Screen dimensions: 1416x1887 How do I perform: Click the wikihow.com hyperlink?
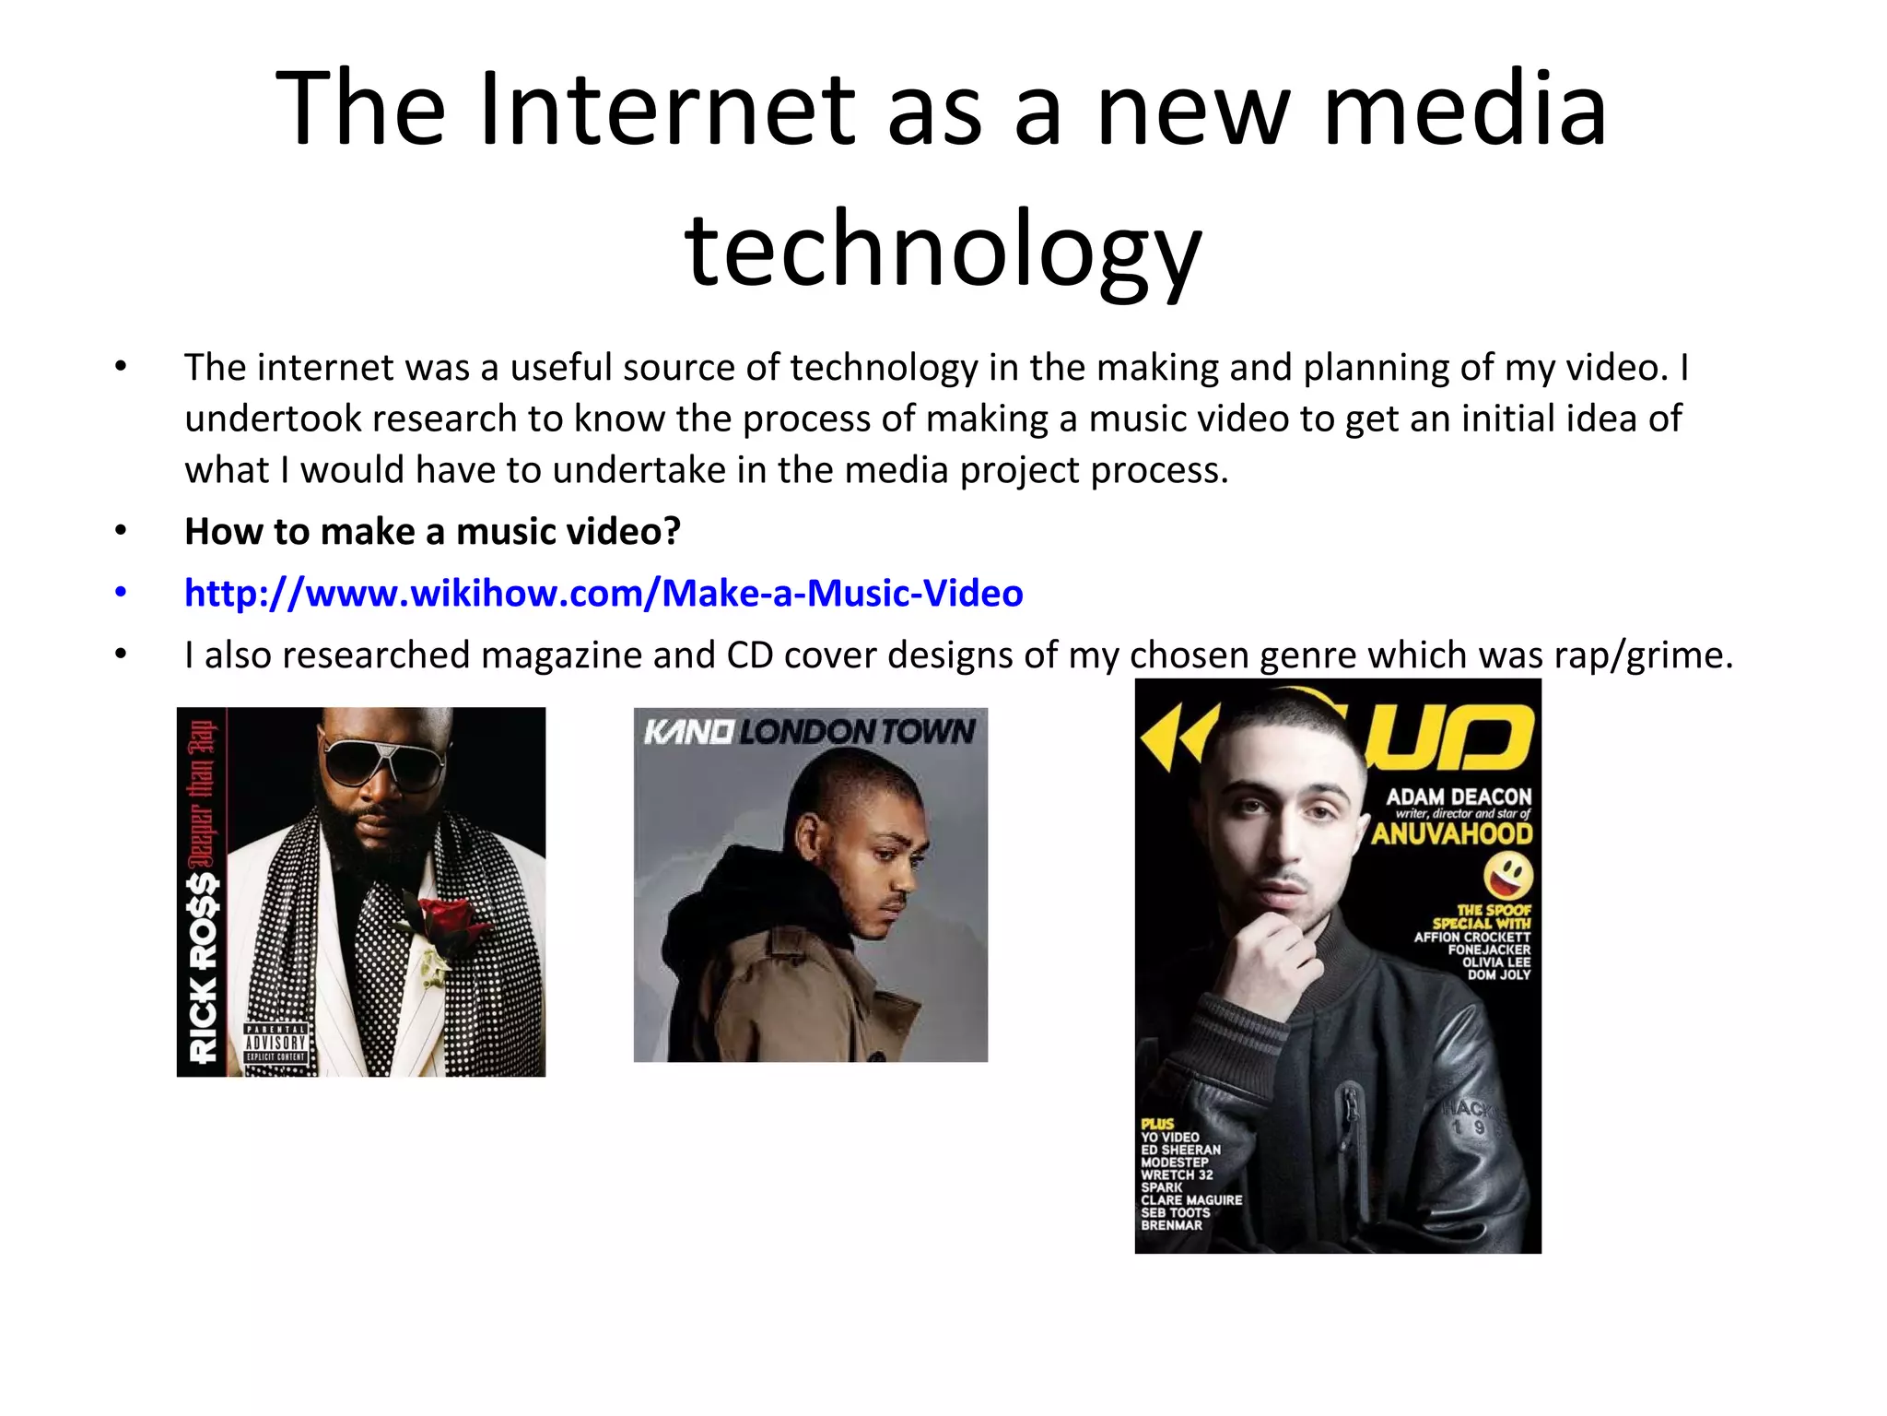pos(604,593)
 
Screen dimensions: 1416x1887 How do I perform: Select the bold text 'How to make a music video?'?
pos(432,532)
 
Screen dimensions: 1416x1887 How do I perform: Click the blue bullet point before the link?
pos(121,593)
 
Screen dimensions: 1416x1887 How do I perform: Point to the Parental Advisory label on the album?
pos(275,1043)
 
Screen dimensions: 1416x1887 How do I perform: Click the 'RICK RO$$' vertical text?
pos(203,968)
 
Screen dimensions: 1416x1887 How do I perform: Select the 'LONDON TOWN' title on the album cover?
pos(857,732)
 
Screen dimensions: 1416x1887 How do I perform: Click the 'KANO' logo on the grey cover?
pos(688,732)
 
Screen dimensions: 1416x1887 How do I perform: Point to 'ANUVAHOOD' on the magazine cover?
pos(1451,834)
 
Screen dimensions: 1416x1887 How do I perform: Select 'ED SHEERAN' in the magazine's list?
pos(1180,1150)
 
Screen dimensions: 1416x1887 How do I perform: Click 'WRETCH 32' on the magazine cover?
pos(1177,1175)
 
